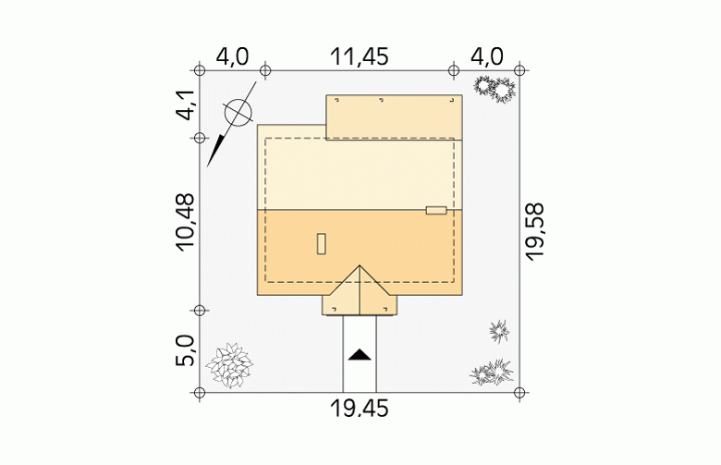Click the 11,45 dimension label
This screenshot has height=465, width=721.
pos(360,57)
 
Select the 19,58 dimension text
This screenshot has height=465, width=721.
pos(535,232)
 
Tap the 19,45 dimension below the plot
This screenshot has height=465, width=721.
pos(360,409)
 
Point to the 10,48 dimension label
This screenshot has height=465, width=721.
pos(185,222)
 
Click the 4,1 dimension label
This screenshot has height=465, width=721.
pos(186,104)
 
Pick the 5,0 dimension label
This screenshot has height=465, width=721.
pos(185,350)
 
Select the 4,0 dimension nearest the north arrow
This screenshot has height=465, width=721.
pos(232,57)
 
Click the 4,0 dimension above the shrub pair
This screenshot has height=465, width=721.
pos(487,57)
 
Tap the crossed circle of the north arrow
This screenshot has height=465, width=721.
pos(238,112)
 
